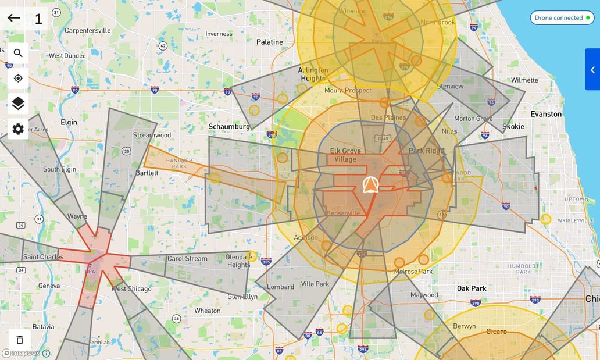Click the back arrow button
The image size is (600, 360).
click(x=14, y=18)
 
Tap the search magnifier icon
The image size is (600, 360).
click(x=18, y=53)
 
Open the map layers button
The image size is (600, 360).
click(x=18, y=104)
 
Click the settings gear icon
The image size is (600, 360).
click(x=18, y=129)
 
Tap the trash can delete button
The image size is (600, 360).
click(x=19, y=340)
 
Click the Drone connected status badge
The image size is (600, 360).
click(x=562, y=18)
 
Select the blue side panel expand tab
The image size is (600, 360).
click(x=592, y=69)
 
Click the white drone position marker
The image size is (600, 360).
click(x=370, y=185)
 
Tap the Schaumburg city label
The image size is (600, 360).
click(x=229, y=126)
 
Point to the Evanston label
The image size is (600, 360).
click(x=545, y=114)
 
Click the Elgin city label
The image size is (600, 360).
click(x=69, y=122)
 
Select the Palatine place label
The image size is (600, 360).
click(x=270, y=42)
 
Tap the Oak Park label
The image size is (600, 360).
click(x=472, y=288)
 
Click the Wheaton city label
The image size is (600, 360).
click(x=208, y=311)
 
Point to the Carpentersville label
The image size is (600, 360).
click(x=87, y=30)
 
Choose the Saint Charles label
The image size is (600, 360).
click(x=43, y=257)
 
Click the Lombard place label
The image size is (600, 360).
click(x=281, y=287)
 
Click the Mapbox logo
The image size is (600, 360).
click(x=22, y=353)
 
